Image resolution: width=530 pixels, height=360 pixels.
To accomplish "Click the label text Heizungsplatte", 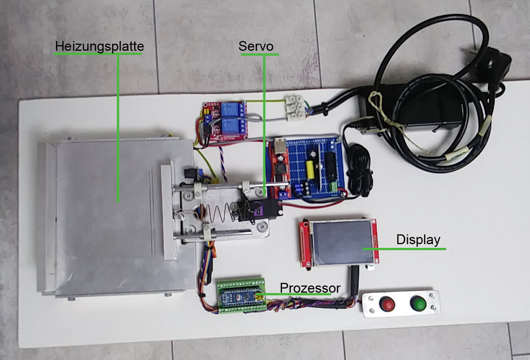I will [100, 46].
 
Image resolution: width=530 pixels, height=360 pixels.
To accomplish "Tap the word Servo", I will [256, 46].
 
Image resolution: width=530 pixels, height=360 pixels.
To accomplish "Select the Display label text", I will [418, 240].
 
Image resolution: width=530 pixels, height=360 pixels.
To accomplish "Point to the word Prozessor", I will [310, 288].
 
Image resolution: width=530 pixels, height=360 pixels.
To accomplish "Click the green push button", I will [418, 303].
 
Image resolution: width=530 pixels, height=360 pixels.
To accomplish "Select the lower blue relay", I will [230, 126].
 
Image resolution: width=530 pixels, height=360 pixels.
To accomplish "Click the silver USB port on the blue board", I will [280, 144].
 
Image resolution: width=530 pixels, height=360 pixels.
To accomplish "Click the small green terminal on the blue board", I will [333, 187].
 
